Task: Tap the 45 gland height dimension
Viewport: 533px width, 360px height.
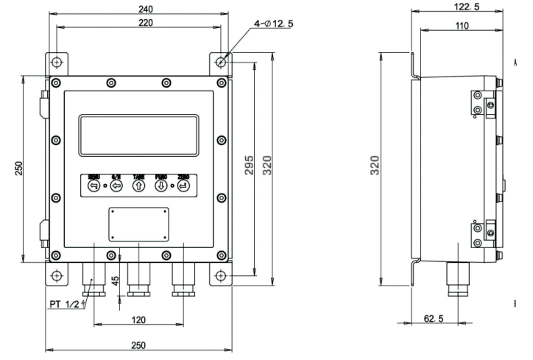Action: point(114,281)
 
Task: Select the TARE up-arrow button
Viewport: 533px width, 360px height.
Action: point(138,186)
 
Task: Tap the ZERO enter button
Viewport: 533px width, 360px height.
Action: point(183,186)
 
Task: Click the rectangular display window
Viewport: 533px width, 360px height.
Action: point(138,134)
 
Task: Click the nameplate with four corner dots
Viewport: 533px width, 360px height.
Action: point(138,223)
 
